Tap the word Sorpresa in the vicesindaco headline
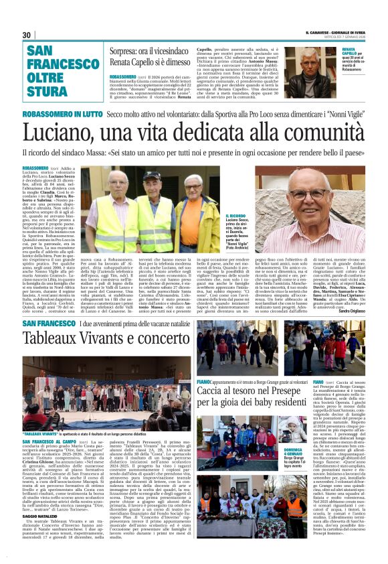[126, 51]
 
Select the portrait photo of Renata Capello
[318, 62]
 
